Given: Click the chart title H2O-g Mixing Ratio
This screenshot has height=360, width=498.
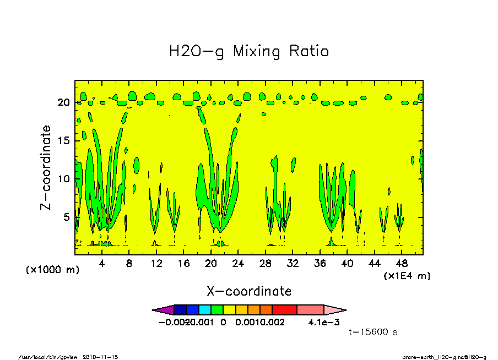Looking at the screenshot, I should tap(248, 52).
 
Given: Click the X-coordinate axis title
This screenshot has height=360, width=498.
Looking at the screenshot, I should tap(248, 291).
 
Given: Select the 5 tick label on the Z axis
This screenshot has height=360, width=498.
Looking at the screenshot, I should tap(67, 217).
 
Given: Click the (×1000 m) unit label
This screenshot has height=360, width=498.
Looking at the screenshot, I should tap(52, 270).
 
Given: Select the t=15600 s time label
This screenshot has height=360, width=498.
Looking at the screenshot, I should tap(373, 332).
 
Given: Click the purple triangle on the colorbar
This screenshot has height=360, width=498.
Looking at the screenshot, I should tap(163, 310).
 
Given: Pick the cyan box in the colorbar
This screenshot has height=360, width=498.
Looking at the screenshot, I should tap(204, 310).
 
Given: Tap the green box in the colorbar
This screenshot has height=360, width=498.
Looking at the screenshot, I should tap(217, 310).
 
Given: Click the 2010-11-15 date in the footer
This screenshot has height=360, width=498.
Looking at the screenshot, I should tap(100, 357).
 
